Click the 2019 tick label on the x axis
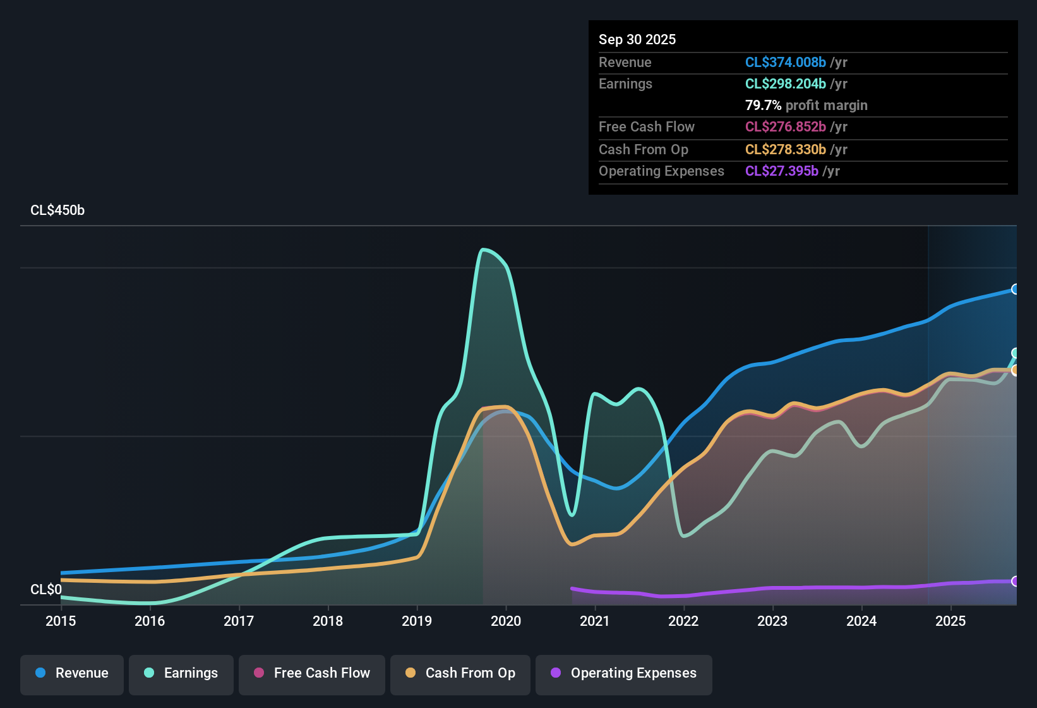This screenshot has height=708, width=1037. (417, 621)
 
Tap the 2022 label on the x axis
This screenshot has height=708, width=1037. (683, 621)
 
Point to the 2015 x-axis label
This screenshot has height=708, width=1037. (61, 621)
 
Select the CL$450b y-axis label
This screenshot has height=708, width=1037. (57, 211)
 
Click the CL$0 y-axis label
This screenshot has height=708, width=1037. (46, 589)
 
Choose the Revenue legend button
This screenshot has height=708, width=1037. (72, 673)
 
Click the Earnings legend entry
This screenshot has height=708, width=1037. (181, 673)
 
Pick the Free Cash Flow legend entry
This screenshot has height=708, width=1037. (312, 673)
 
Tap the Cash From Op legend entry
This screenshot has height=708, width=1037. (460, 673)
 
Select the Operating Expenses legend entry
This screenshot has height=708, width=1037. (624, 673)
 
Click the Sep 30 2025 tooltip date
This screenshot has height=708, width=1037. (637, 39)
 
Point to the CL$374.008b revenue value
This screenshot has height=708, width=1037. (785, 62)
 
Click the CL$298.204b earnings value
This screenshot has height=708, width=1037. (785, 83)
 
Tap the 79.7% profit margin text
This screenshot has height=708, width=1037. (806, 105)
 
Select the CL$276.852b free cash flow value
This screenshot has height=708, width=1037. (785, 126)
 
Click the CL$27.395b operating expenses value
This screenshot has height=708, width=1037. (781, 171)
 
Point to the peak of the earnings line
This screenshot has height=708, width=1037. (484, 250)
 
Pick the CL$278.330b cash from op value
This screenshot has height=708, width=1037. (785, 149)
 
